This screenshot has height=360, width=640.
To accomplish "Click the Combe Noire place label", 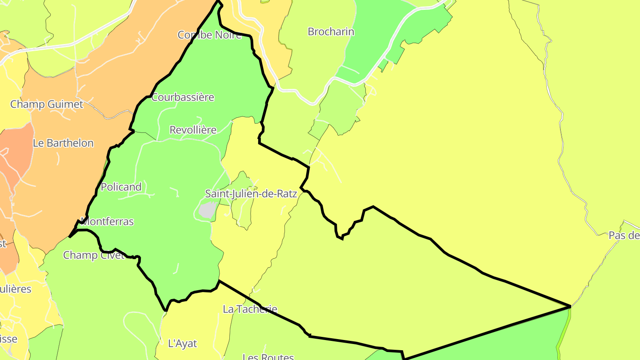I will [x=209, y=35].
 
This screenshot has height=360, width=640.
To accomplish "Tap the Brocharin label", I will [x=331, y=32].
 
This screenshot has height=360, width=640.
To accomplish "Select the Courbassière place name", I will [x=183, y=97].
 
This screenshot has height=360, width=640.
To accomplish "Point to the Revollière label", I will [x=193, y=130].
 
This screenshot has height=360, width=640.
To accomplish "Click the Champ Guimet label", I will [x=47, y=104].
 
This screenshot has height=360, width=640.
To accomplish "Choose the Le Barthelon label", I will [x=63, y=143].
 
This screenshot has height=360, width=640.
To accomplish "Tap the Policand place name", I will [x=121, y=187].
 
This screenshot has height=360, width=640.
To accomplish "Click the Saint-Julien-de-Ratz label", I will [x=251, y=194].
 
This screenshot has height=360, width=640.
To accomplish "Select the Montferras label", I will [x=108, y=221].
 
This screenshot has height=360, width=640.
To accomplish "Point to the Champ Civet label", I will [x=93, y=255].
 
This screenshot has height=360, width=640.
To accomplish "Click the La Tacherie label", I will [x=250, y=309].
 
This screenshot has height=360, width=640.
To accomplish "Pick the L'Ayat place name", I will [x=182, y=344].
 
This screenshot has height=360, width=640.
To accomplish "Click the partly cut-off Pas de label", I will [x=624, y=236].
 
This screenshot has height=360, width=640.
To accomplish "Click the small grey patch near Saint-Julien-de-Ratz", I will [x=208, y=210].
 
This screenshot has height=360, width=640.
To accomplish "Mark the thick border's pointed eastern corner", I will [x=569, y=306].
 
